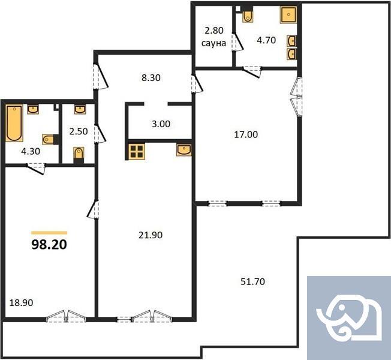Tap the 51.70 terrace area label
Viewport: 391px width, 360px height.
(x=252, y=281)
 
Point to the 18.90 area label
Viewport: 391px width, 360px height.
(x=21, y=303)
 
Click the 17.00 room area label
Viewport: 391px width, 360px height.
(x=246, y=134)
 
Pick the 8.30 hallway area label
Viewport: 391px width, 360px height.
(x=150, y=77)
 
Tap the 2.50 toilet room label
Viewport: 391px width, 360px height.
(x=79, y=131)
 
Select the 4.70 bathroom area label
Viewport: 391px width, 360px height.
(x=266, y=41)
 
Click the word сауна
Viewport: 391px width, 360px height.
(x=213, y=43)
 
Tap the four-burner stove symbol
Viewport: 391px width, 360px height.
(x=136, y=151)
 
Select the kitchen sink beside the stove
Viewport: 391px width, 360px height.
(x=184, y=149)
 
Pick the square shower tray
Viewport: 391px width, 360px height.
(x=289, y=14)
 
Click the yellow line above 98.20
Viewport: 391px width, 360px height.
(x=49, y=232)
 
